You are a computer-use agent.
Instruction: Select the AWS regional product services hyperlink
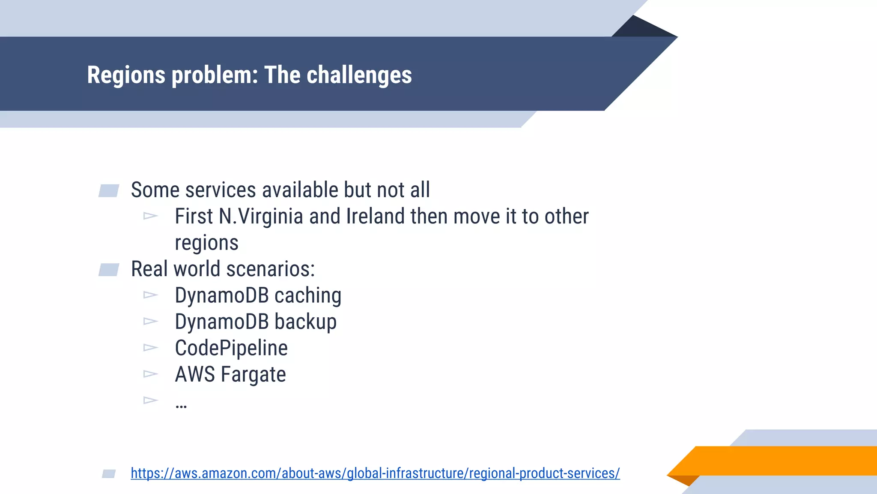click(375, 473)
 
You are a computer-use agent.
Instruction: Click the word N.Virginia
click(261, 216)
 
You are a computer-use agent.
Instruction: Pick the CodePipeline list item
click(231, 348)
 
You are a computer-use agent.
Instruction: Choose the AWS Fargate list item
click(230, 374)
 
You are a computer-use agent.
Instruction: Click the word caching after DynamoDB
click(307, 295)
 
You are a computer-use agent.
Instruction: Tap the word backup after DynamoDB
click(305, 322)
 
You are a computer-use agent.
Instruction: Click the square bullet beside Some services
click(109, 191)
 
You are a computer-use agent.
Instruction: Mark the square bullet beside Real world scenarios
click(109, 270)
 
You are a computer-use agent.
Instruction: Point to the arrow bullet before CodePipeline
click(150, 347)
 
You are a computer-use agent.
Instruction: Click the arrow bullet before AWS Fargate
click(150, 374)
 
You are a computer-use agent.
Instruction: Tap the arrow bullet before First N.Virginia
click(150, 216)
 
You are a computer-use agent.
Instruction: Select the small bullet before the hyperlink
click(109, 473)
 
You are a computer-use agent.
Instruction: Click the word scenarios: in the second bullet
click(271, 269)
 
